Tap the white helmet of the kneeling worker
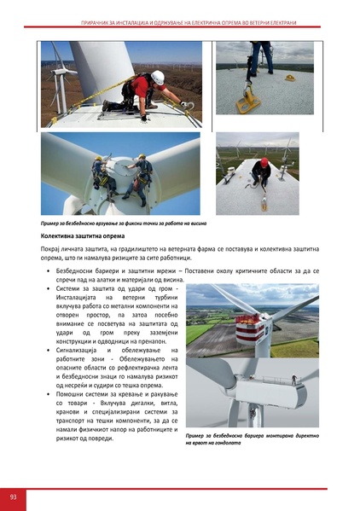pyautogui.click(x=158, y=77)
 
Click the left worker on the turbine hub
pyautogui.click(x=101, y=173)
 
